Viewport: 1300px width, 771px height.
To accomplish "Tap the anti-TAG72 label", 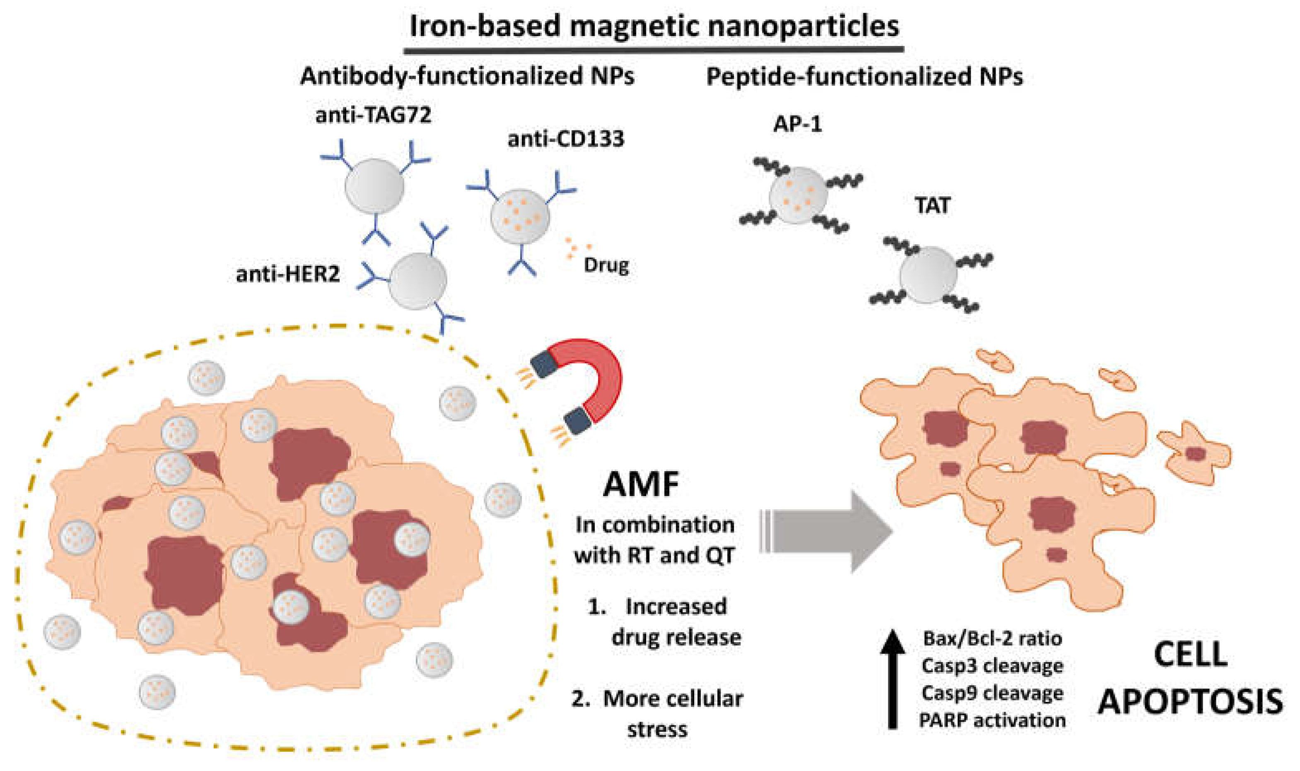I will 373,115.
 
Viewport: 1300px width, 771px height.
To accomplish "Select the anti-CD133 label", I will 565,139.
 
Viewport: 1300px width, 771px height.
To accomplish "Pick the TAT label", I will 932,206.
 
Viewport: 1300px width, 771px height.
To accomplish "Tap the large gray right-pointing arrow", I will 831,532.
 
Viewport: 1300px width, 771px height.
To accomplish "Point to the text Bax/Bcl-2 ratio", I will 992,638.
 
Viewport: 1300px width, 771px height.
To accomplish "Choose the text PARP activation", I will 992,720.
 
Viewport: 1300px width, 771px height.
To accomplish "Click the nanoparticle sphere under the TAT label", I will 928,275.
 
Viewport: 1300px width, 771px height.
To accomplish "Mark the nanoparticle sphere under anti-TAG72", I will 374,186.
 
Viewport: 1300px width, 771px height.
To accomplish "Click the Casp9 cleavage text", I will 992,693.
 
